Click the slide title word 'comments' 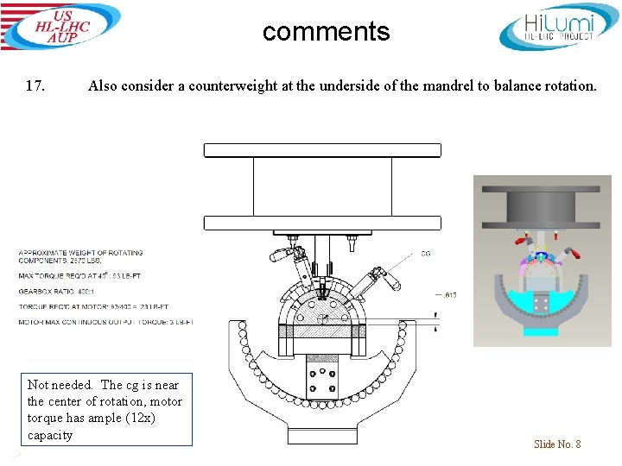pyautogui.click(x=326, y=32)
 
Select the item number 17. pyautogui.click(x=35, y=85)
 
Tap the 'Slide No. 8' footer pyautogui.click(x=557, y=444)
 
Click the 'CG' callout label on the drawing pyautogui.click(x=425, y=254)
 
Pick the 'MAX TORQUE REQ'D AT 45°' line pyautogui.click(x=78, y=276)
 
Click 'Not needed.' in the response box pyautogui.click(x=60, y=386)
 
